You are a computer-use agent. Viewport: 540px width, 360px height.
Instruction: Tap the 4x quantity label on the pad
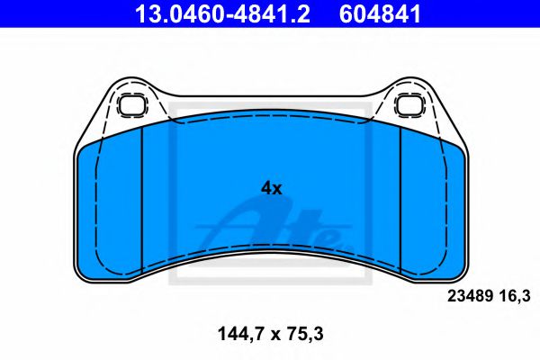coord(271,188)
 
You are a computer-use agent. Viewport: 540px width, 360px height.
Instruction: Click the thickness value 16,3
coord(512,294)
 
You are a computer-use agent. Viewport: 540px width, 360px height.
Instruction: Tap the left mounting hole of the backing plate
coord(132,103)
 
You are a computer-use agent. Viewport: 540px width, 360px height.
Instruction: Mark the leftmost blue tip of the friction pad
coord(78,162)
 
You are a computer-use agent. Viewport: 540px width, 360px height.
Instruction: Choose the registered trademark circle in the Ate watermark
coord(339,240)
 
